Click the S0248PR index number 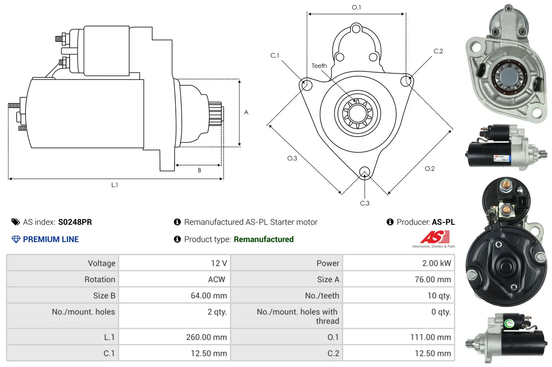click(75, 222)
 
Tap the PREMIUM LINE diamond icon click(16, 239)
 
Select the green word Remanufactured click(264, 239)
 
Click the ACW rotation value click(217, 280)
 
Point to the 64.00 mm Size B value click(209, 296)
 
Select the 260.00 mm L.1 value click(206, 337)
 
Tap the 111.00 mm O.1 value click(430, 337)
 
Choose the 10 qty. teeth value click(439, 296)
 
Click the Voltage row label click(102, 263)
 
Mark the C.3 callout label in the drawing click(365, 203)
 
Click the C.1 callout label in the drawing click(275, 55)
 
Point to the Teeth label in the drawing click(319, 66)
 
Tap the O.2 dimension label click(430, 169)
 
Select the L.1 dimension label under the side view click(115, 185)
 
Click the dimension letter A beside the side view click(246, 112)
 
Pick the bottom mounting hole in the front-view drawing click(364, 172)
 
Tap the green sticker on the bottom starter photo click(509, 323)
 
